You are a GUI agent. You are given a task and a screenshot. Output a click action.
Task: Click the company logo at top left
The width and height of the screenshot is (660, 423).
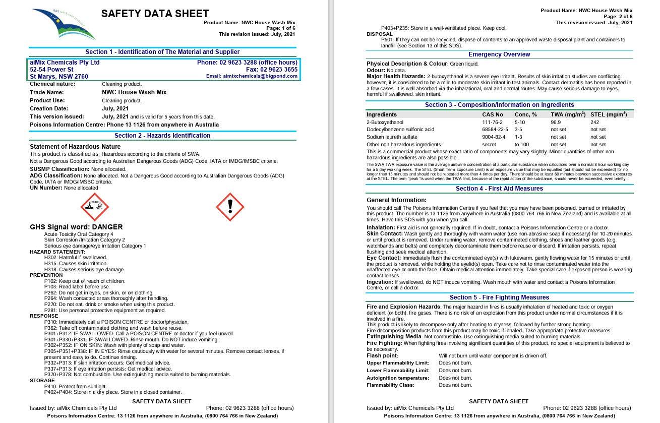point(63,23)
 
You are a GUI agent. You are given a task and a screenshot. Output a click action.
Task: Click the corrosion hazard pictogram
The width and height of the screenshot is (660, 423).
point(95,207)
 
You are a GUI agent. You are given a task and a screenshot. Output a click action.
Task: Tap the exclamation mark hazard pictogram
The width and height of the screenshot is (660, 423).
point(230,207)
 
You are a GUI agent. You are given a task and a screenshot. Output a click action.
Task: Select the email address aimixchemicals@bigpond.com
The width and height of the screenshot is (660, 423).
point(252,76)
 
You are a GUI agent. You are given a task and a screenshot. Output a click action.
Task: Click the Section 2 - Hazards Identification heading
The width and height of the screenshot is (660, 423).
point(162,136)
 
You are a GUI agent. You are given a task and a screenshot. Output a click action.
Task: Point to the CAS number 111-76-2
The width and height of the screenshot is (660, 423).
point(493,123)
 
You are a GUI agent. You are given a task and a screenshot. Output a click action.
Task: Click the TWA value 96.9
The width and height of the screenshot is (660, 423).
point(556,123)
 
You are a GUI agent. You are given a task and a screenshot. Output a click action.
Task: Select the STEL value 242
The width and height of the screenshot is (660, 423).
point(595,123)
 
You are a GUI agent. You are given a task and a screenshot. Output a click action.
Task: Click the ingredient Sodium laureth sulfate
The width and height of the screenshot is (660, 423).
point(392,137)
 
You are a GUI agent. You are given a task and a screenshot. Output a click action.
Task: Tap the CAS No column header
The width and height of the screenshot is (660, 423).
point(493,114)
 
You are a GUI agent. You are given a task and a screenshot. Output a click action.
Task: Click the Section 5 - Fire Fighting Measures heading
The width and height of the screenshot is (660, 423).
point(499,297)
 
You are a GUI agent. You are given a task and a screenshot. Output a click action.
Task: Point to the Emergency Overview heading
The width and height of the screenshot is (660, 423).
point(499,54)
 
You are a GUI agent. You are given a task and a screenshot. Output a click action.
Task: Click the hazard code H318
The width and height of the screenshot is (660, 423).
point(50,270)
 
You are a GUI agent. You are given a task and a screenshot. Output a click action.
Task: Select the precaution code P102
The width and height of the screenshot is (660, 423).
point(50,281)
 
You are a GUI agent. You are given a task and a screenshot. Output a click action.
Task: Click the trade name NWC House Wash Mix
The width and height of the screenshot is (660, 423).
point(134,92)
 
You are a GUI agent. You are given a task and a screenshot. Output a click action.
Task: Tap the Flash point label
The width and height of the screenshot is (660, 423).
point(382,356)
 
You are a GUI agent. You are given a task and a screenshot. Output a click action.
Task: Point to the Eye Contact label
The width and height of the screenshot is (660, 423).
point(384,258)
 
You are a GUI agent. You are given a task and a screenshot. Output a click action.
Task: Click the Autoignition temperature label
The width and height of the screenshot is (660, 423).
point(398,378)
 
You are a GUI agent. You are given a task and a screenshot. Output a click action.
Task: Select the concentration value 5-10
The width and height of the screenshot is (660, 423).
point(520,123)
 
